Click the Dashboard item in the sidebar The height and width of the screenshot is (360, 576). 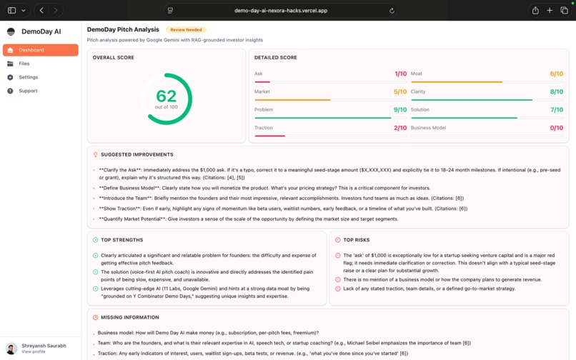click(31, 50)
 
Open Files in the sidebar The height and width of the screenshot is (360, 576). click(24, 64)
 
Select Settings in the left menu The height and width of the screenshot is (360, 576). click(29, 77)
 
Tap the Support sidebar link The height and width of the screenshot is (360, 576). click(28, 91)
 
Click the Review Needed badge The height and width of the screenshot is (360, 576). click(186, 30)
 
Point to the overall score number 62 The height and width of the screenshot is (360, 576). click(167, 96)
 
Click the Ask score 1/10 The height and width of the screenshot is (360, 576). click(400, 74)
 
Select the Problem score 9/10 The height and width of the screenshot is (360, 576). click(400, 110)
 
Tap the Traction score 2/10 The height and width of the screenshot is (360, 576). click(400, 128)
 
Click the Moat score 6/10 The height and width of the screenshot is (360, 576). click(556, 74)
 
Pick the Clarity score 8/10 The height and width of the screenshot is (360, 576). click(556, 91)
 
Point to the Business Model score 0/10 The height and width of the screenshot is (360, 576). click(556, 128)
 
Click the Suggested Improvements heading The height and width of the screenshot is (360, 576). click(136, 154)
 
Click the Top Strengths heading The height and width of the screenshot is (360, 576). click(121, 240)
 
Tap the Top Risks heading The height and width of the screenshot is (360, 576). click(356, 240)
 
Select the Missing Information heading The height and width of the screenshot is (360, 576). click(130, 317)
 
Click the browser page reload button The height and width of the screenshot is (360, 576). click(392, 11)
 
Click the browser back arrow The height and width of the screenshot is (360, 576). click(41, 11)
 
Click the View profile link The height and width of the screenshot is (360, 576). click(33, 351)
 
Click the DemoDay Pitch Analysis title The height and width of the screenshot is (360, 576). click(123, 30)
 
